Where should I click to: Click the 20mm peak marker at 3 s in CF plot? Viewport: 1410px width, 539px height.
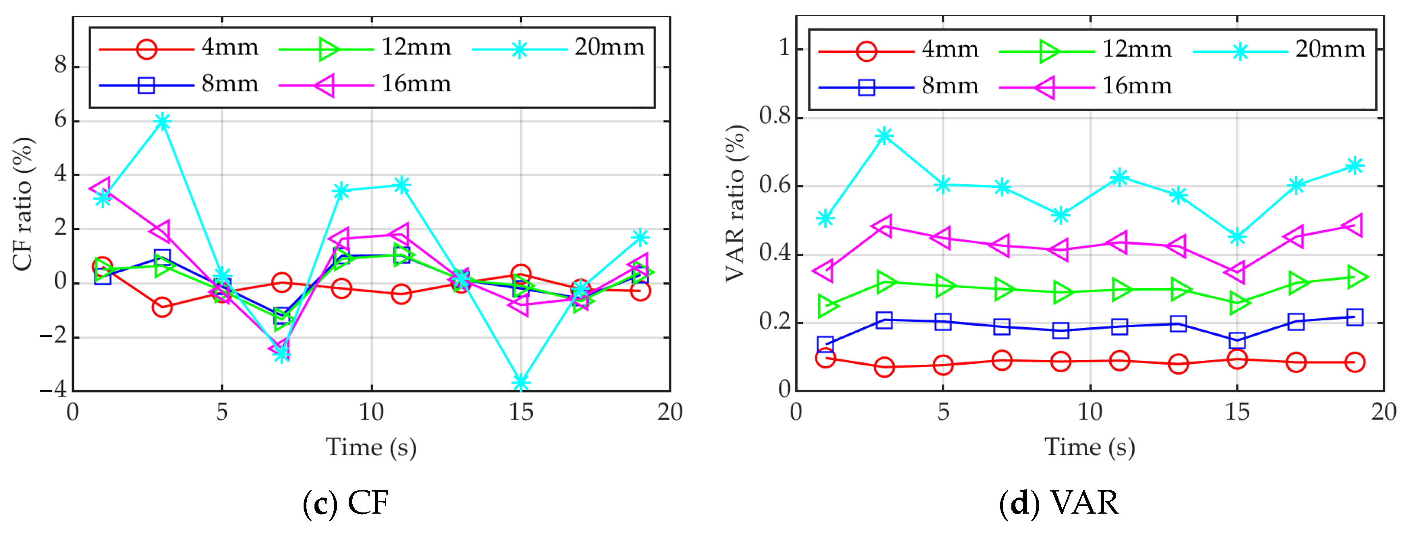162,122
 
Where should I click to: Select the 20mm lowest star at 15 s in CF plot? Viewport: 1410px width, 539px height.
521,382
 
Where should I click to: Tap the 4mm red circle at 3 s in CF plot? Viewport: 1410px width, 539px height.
162,307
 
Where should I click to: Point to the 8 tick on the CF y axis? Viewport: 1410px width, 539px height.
60,66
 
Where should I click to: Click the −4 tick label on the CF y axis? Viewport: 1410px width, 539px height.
53,390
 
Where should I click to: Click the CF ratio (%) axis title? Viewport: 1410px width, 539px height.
23,204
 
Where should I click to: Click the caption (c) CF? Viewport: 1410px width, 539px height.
346,502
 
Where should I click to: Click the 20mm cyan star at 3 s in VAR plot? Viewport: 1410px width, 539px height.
884,136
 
